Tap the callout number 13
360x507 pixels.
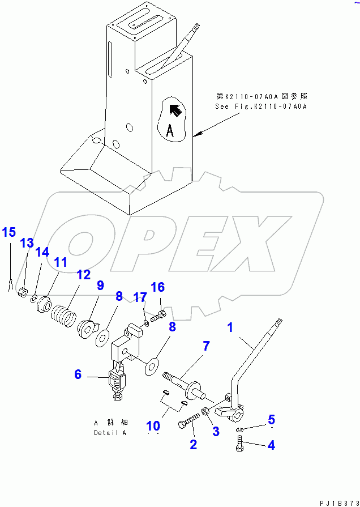click(27, 243)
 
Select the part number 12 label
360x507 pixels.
click(83, 275)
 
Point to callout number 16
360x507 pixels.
click(158, 287)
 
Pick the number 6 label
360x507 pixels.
click(78, 374)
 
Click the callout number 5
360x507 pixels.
click(271, 420)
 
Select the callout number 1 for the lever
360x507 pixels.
click(230, 327)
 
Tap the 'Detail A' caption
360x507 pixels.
click(110, 433)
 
